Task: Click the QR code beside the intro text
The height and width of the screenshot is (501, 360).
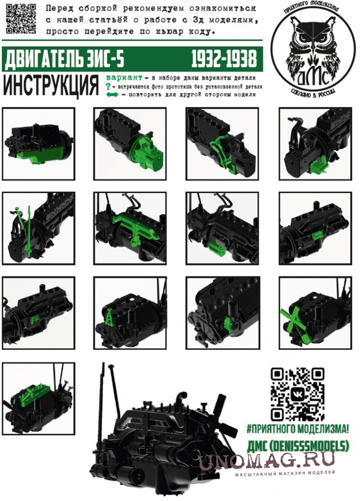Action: point(21,19)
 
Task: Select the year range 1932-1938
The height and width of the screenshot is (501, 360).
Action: point(224,59)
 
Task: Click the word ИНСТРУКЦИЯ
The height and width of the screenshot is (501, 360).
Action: point(51,85)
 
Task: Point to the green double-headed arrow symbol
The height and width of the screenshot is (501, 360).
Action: point(112,95)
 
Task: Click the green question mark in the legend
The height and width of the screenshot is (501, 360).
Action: point(108,86)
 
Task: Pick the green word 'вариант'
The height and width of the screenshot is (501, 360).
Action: point(124,78)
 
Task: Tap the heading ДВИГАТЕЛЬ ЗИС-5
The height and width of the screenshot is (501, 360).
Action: point(64,59)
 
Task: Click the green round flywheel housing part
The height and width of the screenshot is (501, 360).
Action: point(147,152)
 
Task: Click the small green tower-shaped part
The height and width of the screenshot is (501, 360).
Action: point(109,317)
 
